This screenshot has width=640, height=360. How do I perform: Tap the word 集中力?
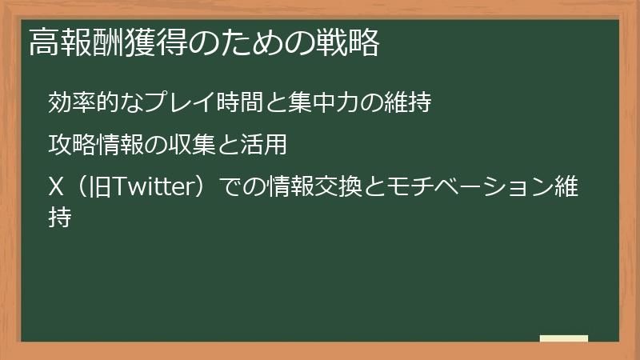[x=330, y=102]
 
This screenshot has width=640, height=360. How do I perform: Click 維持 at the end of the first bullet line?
[x=410, y=102]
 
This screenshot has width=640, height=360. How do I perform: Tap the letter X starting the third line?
[x=56, y=189]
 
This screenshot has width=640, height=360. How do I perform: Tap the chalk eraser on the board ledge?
[x=563, y=338]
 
